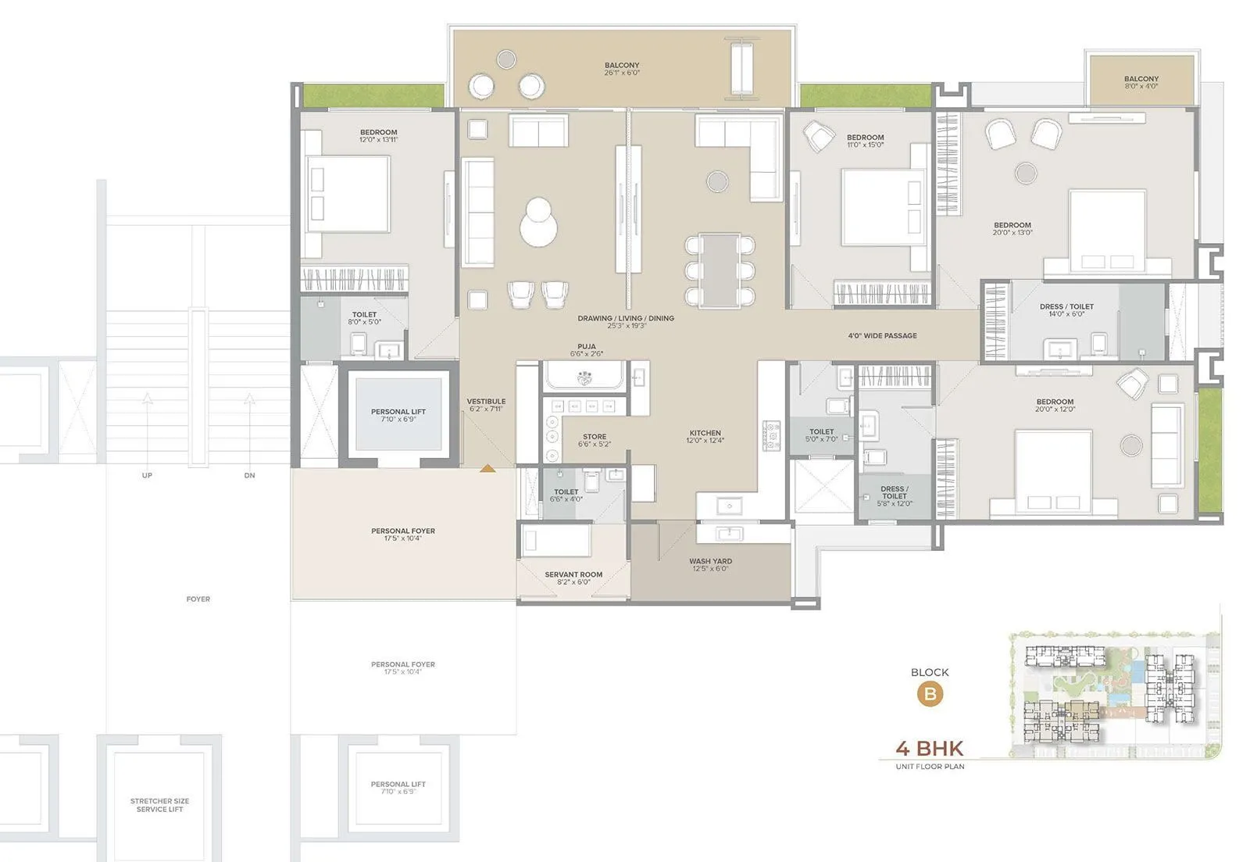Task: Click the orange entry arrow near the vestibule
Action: pos(487,469)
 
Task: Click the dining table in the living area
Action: pos(720,270)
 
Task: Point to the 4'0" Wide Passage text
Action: pos(882,336)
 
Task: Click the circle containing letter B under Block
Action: pos(930,694)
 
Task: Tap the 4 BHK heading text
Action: pos(930,748)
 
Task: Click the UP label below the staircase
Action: pos(147,475)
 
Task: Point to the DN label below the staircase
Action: pos(249,475)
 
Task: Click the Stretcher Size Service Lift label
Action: pos(159,805)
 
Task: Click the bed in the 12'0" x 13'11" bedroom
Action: pos(348,194)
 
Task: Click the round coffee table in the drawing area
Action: pos(539,223)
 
